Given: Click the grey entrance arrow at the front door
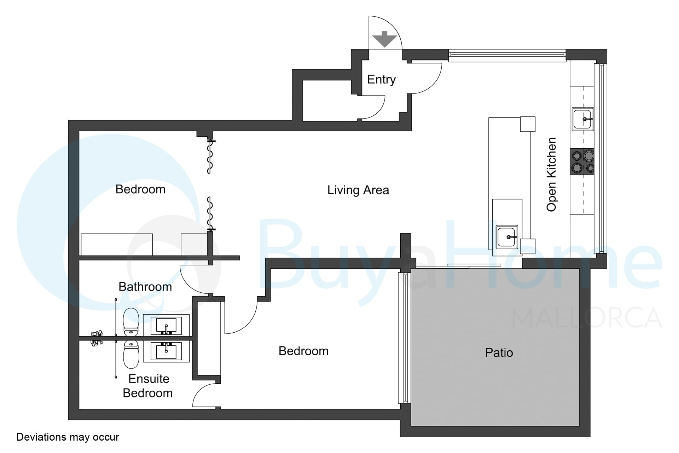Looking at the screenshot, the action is point(384,39).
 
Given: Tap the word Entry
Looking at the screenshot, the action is point(381,80).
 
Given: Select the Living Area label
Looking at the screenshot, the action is point(358,190).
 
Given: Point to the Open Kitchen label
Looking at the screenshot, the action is point(551,174).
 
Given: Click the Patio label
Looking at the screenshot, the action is point(499,352).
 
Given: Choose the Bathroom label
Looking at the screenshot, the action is point(145,287).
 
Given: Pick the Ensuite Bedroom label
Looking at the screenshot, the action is point(148,386).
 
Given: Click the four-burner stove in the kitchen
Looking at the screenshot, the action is point(582,161).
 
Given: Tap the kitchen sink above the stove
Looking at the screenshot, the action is point(582,119).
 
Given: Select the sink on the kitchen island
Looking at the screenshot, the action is point(507,237).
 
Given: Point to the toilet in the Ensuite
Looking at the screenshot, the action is point(131,354).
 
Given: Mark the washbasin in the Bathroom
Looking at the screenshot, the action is point(166,325).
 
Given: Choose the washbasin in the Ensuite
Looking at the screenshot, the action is point(166,351).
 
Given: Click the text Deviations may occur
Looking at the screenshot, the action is point(68,437).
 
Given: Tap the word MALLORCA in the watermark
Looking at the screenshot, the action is point(587,317).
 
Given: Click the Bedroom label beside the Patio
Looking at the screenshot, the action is point(303,351).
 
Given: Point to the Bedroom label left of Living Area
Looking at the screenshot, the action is point(140,189).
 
